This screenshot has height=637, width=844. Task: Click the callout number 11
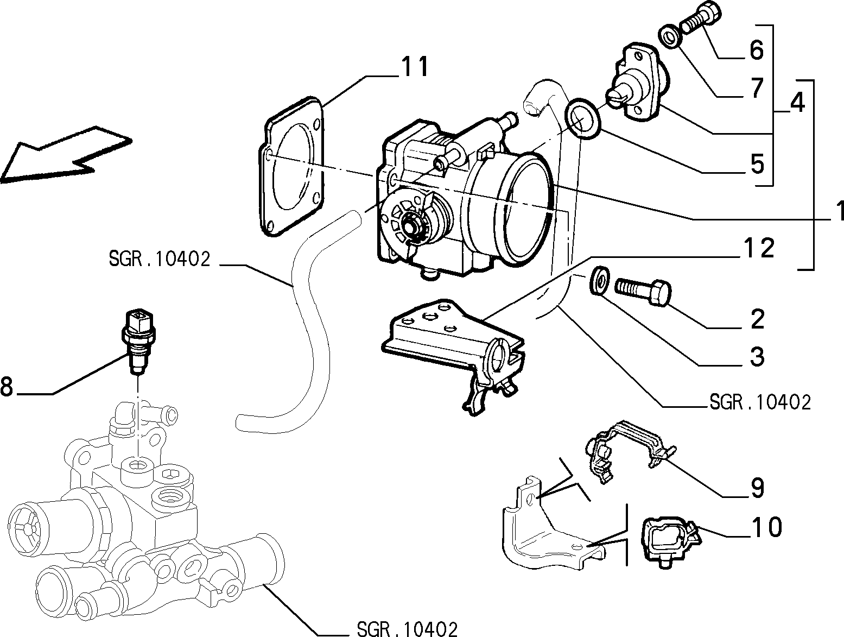(415, 67)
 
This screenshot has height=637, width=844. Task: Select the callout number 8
(7, 387)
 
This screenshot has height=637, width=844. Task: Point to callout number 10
(766, 527)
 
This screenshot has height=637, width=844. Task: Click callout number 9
(757, 488)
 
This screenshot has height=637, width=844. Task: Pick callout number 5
(757, 164)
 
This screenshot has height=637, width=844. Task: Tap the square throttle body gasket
(291, 167)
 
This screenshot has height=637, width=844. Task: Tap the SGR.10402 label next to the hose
(160, 259)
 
